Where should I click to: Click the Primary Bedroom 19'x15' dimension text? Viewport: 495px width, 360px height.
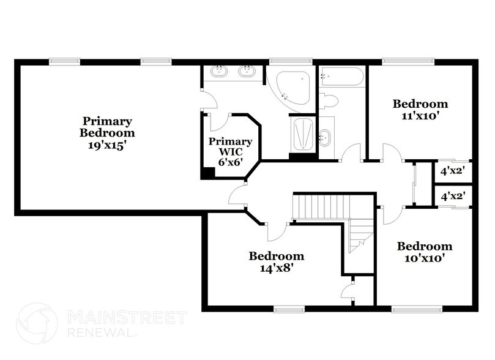(107, 146)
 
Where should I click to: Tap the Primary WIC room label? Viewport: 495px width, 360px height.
(231, 146)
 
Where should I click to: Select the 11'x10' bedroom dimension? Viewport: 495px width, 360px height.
(420, 116)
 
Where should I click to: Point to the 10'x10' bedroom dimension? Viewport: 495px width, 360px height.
(425, 258)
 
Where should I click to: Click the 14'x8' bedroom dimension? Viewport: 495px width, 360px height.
(277, 268)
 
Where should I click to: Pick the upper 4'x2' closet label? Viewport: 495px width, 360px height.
(453, 171)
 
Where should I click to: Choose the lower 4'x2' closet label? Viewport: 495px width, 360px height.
(453, 197)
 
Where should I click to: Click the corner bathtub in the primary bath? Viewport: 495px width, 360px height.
(292, 88)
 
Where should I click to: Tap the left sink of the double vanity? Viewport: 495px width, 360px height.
(219, 72)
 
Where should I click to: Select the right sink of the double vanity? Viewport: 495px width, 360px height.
(247, 72)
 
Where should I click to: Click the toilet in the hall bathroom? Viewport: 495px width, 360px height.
(329, 101)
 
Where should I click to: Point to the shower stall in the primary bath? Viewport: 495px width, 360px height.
(303, 134)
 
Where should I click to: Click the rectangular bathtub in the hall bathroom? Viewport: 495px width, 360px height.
(341, 77)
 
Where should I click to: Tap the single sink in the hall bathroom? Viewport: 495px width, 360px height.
(325, 138)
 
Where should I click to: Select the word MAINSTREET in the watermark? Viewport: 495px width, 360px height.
(127, 317)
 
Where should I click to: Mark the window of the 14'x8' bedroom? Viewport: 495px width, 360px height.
(289, 309)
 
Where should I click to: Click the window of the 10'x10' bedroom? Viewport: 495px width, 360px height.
(416, 309)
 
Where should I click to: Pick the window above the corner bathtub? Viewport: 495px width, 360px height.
(291, 62)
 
